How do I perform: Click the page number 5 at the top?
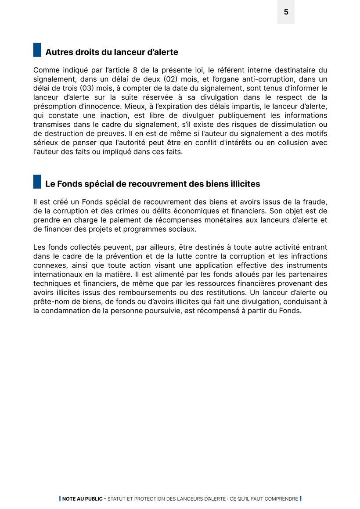286,12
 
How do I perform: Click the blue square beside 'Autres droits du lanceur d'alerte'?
37,50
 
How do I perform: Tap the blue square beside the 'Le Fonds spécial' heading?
37,182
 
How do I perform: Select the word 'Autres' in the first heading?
59,52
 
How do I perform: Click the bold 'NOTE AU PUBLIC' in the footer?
82,499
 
